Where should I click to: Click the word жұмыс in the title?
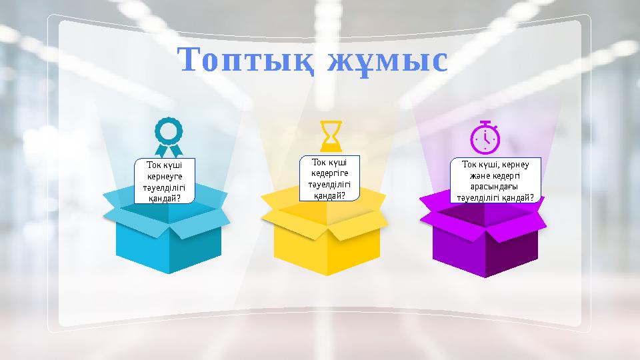[388, 61]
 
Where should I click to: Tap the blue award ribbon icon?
[168, 137]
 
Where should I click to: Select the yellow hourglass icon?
[329, 136]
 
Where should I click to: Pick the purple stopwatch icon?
[485, 137]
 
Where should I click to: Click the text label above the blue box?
[165, 180]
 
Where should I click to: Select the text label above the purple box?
[493, 180]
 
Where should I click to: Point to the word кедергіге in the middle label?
[330, 173]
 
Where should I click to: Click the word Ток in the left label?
[153, 165]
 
